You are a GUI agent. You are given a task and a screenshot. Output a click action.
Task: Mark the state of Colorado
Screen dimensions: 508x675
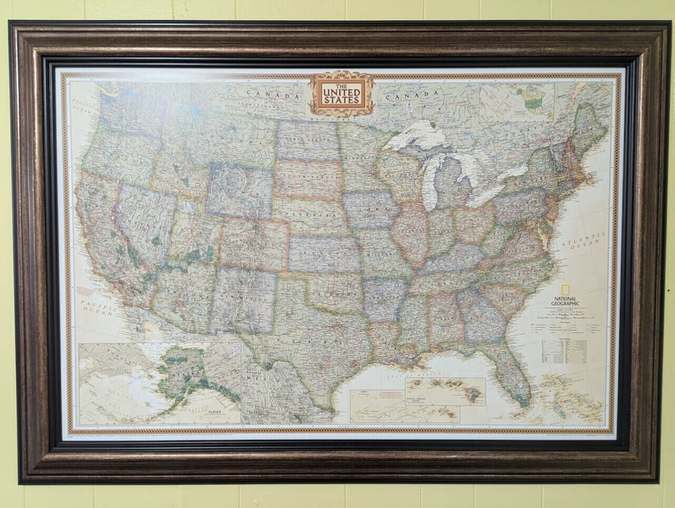pos(253,243)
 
